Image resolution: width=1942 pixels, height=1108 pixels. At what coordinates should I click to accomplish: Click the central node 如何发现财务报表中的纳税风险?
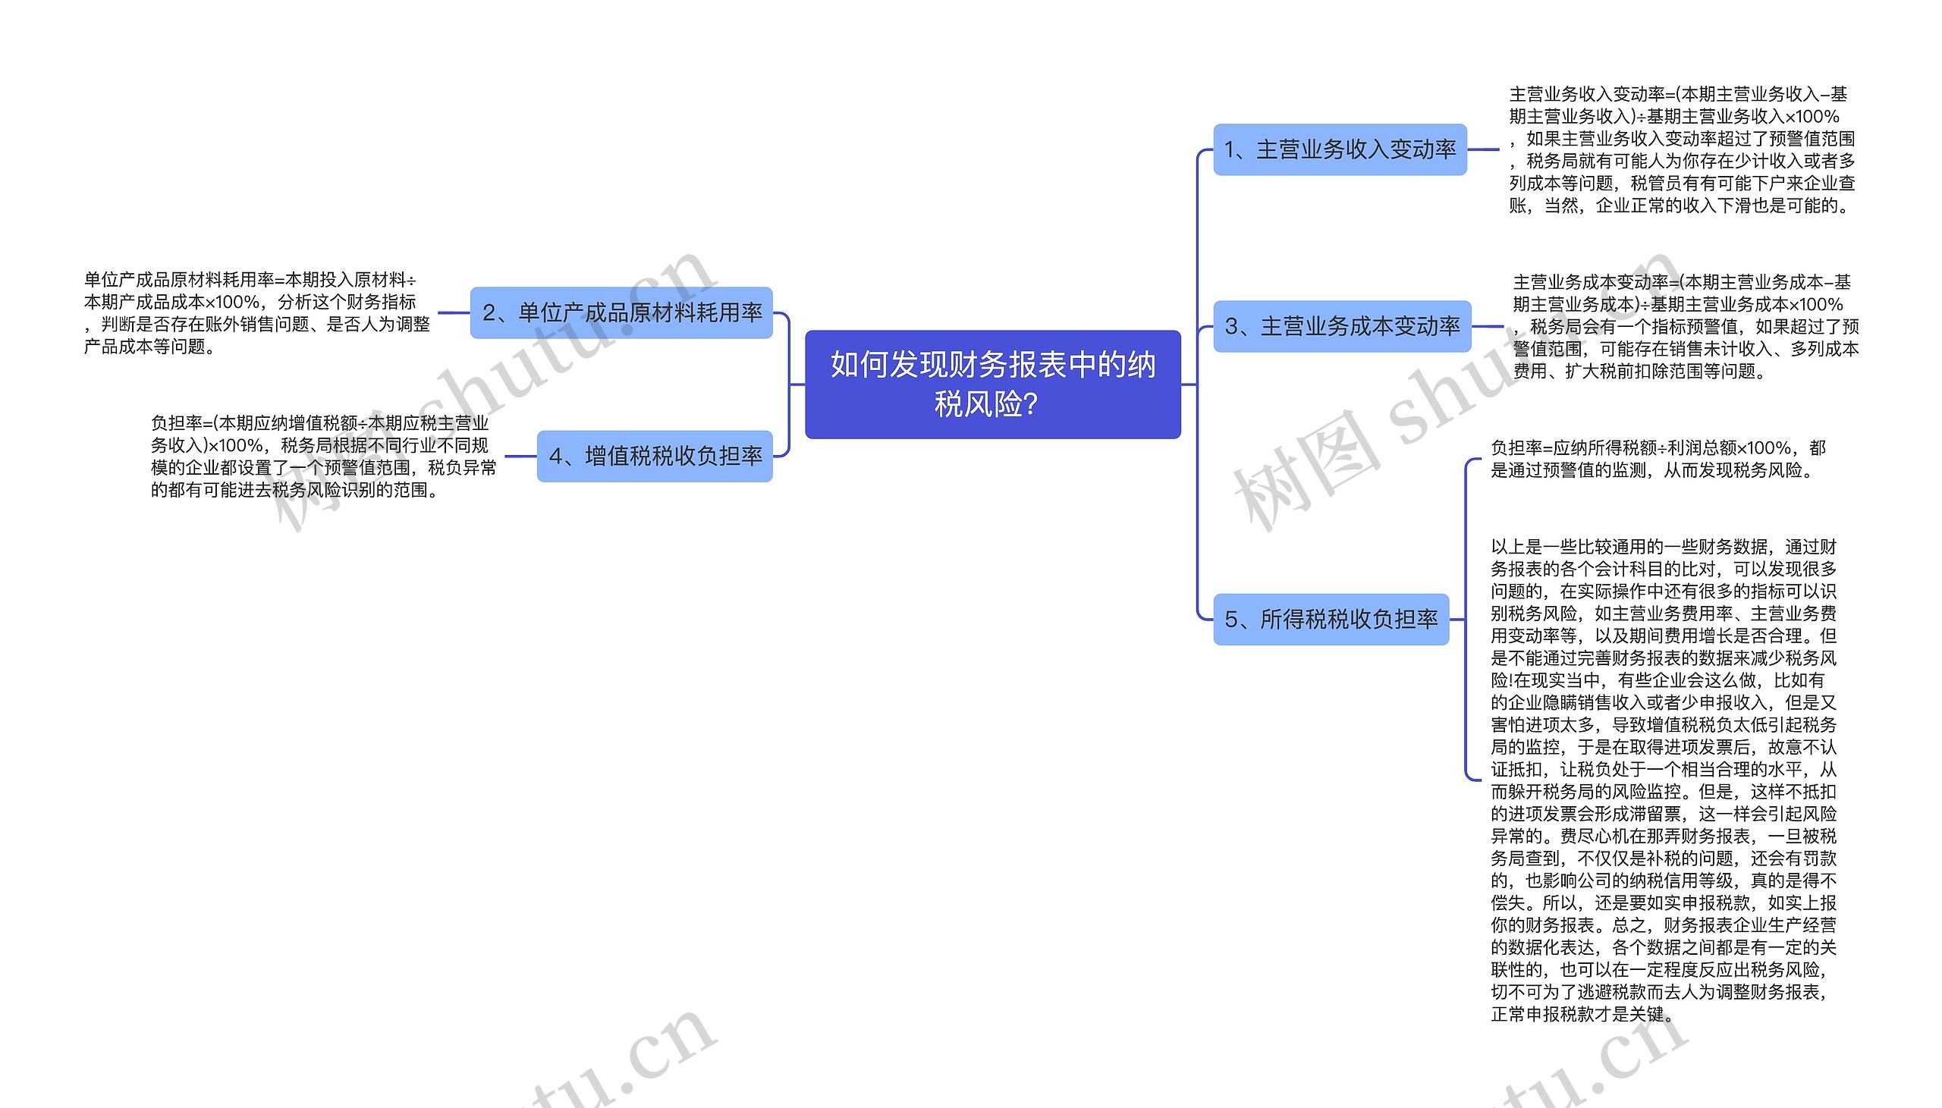992,385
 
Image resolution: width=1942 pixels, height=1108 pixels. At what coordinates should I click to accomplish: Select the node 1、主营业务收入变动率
1340,150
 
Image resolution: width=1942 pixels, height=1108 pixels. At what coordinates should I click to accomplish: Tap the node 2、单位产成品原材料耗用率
621,312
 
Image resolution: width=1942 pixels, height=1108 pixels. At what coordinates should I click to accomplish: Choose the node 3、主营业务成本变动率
1342,326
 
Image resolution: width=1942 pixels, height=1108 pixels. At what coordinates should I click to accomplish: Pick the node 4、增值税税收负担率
655,457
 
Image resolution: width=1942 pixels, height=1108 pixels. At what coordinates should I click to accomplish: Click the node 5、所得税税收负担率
1331,620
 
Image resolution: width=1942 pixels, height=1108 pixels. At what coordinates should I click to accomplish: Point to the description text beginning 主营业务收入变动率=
1682,150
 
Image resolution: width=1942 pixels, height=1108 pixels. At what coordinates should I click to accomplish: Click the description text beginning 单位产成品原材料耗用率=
256,312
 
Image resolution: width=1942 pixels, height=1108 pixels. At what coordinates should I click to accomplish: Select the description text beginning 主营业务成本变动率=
1685,326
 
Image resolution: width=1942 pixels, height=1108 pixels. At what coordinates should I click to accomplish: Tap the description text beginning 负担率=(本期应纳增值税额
322,457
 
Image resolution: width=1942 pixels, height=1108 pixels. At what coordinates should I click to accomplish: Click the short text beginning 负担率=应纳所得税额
1658,459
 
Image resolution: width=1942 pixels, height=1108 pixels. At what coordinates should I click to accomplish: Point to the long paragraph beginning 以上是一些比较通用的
1663,780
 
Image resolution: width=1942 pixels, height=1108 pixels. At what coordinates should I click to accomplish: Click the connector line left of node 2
454,312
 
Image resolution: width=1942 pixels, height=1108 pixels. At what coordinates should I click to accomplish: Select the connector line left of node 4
520,457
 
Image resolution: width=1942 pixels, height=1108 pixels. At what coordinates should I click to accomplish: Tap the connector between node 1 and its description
1483,150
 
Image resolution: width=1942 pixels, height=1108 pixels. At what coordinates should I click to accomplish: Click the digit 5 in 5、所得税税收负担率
1230,620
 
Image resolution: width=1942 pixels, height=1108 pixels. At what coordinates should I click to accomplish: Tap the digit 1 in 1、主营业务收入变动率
1229,151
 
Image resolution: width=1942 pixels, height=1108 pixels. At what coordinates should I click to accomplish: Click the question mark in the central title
1031,405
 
